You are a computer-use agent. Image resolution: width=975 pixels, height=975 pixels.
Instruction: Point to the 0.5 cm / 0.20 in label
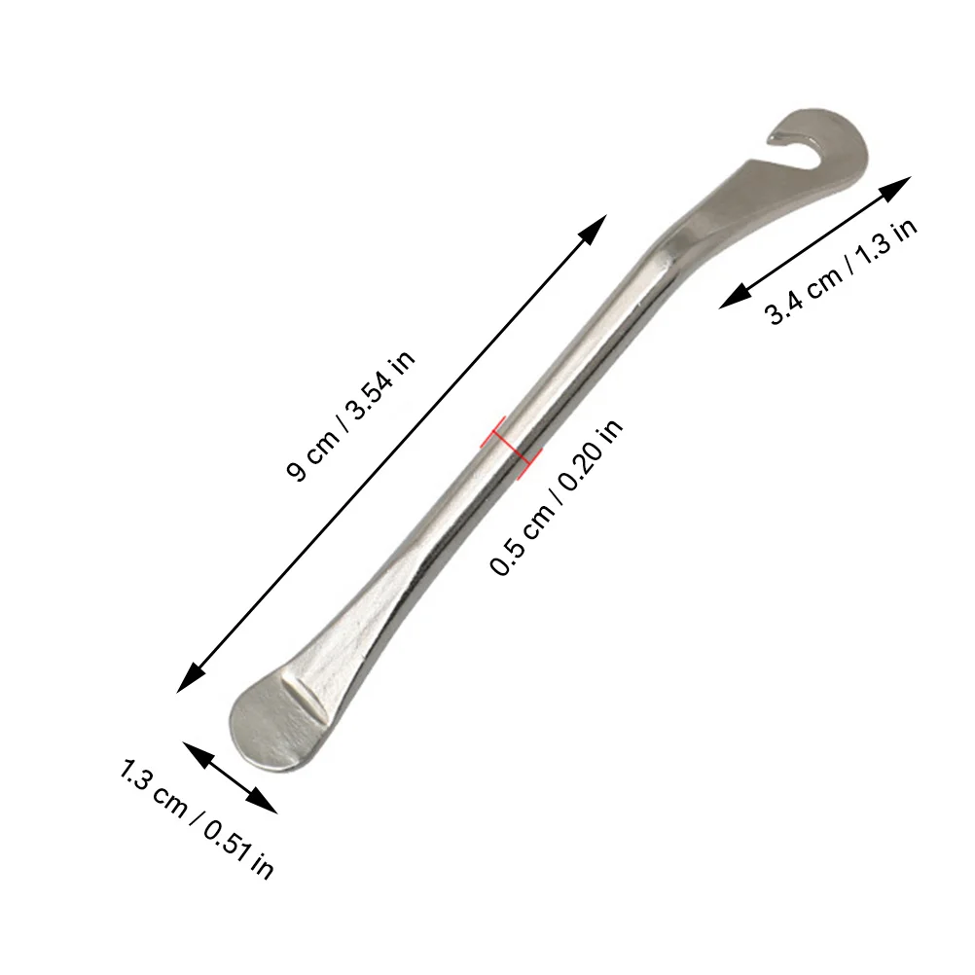tap(557, 496)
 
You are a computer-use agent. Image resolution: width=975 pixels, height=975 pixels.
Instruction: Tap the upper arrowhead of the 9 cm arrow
tap(595, 227)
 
